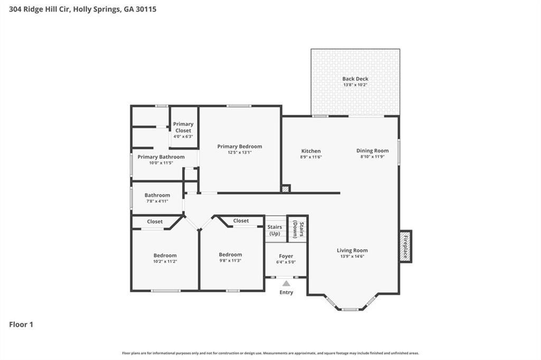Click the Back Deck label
(x=355, y=79)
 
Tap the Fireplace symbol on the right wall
(x=405, y=246)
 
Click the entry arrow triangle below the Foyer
(x=286, y=283)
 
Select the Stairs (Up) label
(x=275, y=230)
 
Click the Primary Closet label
(x=183, y=127)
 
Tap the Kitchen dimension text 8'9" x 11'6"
(x=311, y=157)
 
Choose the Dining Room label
(x=372, y=151)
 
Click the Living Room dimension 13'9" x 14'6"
(x=352, y=256)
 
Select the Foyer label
(x=286, y=256)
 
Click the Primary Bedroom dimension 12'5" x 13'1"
(x=239, y=152)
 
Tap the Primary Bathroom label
(x=161, y=156)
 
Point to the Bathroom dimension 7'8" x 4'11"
(x=157, y=201)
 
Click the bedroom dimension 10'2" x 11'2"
(x=165, y=261)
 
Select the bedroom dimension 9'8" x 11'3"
(x=230, y=261)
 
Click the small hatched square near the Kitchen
(x=286, y=188)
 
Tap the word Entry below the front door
(x=286, y=292)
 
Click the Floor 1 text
(x=21, y=325)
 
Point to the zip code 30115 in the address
(x=145, y=9)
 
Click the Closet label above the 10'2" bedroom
(x=155, y=221)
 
